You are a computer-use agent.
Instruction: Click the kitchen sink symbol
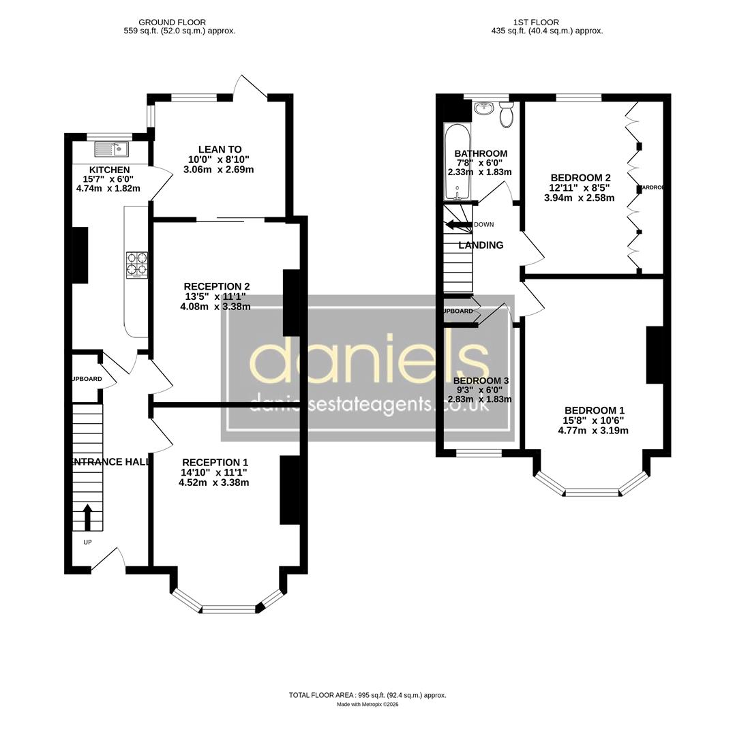pyautogui.click(x=111, y=148)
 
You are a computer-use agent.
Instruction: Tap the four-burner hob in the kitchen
pyautogui.click(x=137, y=264)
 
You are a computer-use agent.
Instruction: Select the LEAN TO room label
pyautogui.click(x=220, y=149)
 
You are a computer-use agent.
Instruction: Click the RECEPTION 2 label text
pyautogui.click(x=216, y=286)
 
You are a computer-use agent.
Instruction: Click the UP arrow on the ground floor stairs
pyautogui.click(x=87, y=517)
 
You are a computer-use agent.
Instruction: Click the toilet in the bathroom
pyautogui.click(x=506, y=115)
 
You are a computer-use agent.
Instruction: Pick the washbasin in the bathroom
pyautogui.click(x=484, y=108)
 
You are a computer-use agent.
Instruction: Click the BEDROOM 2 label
pyautogui.click(x=580, y=178)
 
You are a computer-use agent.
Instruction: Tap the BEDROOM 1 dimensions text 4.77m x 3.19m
pyautogui.click(x=592, y=430)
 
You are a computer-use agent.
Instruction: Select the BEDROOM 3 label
pyautogui.click(x=481, y=380)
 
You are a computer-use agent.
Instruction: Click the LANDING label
pyautogui.click(x=481, y=245)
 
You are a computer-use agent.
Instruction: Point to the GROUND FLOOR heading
pyautogui.click(x=172, y=22)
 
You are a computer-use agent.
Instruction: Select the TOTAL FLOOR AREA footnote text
pyautogui.click(x=367, y=695)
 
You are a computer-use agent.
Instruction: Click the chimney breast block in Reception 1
pyautogui.click(x=290, y=489)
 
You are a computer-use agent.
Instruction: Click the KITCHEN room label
pyautogui.click(x=109, y=170)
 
